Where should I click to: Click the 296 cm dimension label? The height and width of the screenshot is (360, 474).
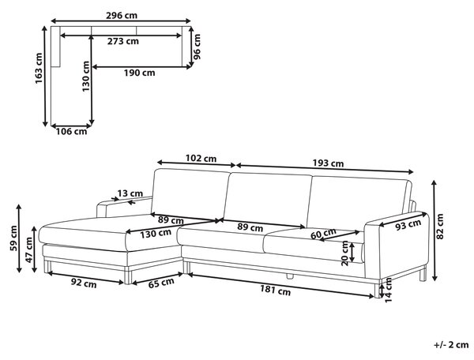(121, 15)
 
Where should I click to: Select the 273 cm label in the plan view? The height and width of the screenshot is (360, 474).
(123, 41)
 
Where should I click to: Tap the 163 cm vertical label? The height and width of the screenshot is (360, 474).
(39, 68)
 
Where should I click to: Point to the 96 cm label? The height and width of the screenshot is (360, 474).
(197, 47)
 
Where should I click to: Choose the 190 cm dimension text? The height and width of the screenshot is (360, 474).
(139, 73)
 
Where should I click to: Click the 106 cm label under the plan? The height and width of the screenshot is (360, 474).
(71, 131)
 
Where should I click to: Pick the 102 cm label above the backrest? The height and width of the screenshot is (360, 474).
(201, 158)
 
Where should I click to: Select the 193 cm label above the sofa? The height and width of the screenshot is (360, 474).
(328, 163)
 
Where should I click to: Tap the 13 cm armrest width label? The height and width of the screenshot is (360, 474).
(130, 193)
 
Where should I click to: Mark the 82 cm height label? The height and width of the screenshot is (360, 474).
(440, 227)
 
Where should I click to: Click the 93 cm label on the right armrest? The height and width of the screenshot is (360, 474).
(408, 225)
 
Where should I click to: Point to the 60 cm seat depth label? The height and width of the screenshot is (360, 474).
(323, 234)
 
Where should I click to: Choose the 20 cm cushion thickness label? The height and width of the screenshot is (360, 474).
(345, 253)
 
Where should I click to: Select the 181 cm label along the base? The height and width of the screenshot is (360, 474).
(276, 291)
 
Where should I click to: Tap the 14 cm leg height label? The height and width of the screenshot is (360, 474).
(388, 290)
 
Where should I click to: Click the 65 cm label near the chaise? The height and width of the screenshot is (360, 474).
(161, 283)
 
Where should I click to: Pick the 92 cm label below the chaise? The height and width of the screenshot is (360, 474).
(84, 283)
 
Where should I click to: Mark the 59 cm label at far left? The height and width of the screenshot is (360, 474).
(14, 238)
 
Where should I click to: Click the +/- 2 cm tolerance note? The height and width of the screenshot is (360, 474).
(451, 344)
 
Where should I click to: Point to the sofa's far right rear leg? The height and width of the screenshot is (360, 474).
(423, 274)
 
